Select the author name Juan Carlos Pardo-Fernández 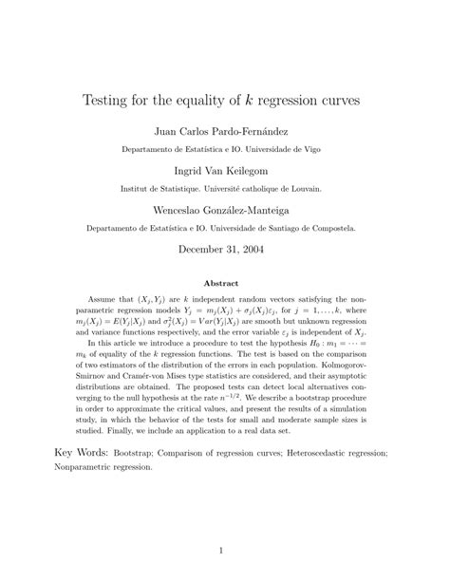tap(224, 130)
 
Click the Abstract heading tap(224, 282)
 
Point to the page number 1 tap(225, 549)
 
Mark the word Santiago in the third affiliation tap(268, 229)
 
